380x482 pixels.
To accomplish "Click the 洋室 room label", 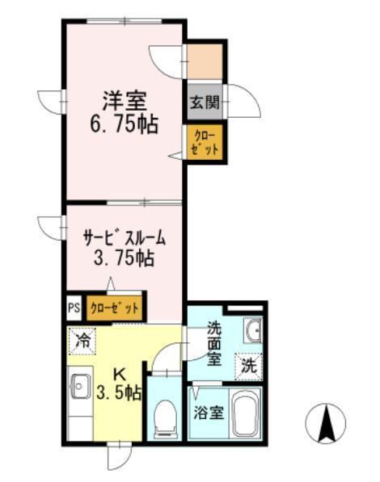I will (x=123, y=103).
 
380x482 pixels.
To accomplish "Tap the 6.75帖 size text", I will (x=123, y=125).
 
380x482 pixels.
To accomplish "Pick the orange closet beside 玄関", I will (x=205, y=142).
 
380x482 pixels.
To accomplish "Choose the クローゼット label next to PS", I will (x=114, y=308).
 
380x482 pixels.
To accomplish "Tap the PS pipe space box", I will (x=74, y=308).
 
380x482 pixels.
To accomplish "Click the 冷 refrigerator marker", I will (x=83, y=340).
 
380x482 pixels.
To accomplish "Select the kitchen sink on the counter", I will (x=79, y=388).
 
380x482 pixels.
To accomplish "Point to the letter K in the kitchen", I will (x=119, y=375).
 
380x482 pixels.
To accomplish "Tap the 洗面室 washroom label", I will (x=213, y=343).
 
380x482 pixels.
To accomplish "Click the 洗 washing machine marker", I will (x=249, y=364).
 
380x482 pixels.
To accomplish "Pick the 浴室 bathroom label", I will (x=209, y=413).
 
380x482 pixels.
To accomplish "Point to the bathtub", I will (x=245, y=413).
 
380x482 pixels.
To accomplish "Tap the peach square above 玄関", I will (x=205, y=60).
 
